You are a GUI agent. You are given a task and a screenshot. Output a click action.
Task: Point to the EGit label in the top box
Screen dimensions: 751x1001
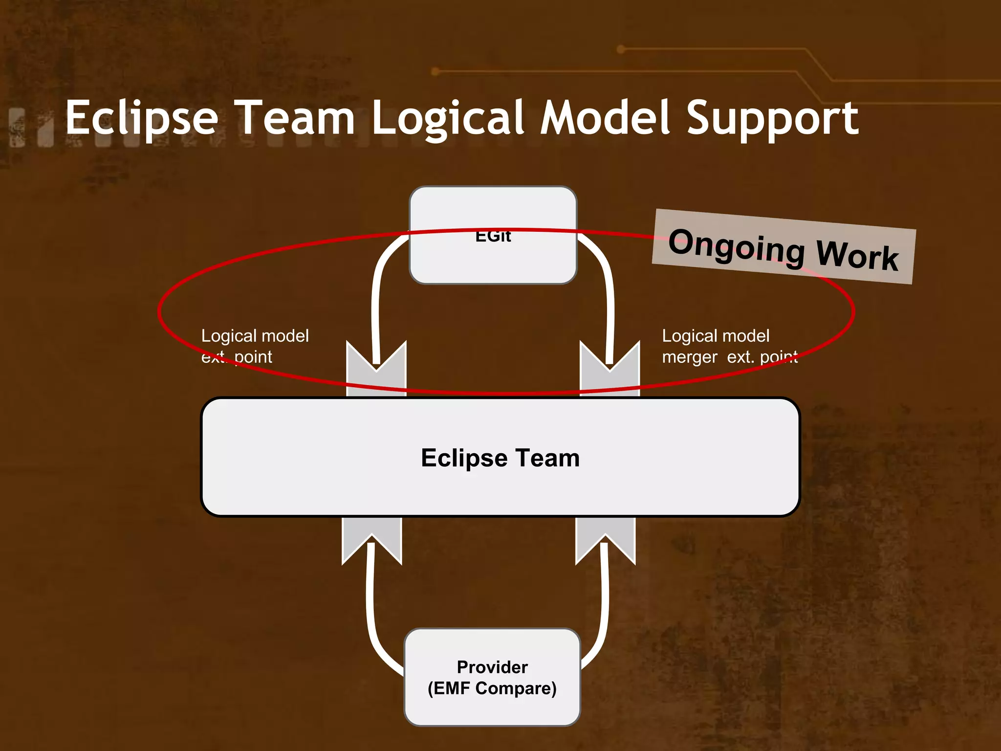[x=493, y=237]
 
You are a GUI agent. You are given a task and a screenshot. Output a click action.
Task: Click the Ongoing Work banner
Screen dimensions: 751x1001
[x=783, y=247]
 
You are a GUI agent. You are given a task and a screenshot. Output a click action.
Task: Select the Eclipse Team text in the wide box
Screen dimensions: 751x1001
[x=500, y=458]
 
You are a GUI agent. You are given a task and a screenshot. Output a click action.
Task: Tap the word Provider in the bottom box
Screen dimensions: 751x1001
[x=492, y=667]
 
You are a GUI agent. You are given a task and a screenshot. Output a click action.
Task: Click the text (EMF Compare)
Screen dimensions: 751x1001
[x=492, y=688]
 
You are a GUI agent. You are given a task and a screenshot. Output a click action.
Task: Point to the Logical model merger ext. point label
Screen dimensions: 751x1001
[x=729, y=346]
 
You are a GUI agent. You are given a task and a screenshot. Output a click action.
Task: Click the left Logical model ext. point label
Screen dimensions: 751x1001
[x=255, y=346]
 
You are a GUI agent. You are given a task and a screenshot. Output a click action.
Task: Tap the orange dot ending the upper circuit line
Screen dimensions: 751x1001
[x=621, y=49]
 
